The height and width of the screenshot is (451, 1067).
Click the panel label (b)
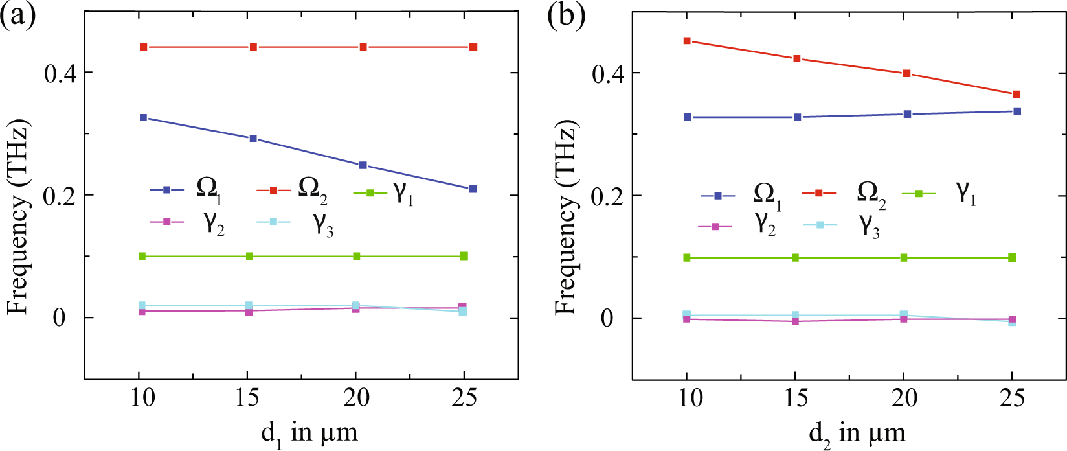566,16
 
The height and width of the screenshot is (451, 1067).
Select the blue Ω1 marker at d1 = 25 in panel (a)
473,189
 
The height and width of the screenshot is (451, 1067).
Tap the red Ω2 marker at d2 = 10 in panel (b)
688,41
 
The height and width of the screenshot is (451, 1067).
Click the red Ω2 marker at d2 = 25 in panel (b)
1016,94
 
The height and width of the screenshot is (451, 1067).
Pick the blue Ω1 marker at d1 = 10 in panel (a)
143,117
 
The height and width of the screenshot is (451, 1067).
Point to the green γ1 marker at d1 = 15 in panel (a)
249,256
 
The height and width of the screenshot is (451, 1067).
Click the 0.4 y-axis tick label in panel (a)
60,73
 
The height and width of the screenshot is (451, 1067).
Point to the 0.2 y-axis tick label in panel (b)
608,196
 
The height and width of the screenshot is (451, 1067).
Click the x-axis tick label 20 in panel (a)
356,397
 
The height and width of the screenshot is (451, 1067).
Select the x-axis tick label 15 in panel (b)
796,397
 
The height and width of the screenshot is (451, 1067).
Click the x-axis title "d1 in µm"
309,432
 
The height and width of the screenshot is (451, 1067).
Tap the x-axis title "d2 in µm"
857,432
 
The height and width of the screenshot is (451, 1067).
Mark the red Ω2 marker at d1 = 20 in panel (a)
363,47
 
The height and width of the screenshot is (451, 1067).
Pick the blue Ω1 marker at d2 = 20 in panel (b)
907,113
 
